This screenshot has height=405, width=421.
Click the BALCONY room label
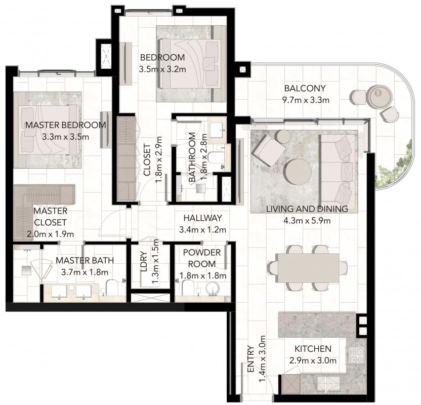[305, 88]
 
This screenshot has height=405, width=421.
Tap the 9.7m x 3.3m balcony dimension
[306, 100]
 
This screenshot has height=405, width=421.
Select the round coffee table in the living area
[299, 172]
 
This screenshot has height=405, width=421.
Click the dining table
[308, 268]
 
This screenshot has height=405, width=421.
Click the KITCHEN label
[313, 349]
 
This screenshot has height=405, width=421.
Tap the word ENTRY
[250, 359]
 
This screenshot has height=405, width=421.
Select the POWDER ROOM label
[202, 258]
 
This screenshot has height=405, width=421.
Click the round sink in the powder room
[213, 289]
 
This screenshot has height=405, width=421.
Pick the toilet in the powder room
[187, 288]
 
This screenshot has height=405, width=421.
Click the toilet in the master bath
[111, 288]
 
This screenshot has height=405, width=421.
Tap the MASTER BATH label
[85, 260]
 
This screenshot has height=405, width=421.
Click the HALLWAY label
[203, 218]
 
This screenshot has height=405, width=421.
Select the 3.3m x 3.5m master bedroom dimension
[65, 137]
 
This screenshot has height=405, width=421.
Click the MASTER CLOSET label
[50, 217]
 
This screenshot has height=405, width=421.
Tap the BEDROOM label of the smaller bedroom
[162, 57]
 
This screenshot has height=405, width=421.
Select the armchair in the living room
[269, 151]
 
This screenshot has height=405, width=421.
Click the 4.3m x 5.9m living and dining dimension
[307, 221]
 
